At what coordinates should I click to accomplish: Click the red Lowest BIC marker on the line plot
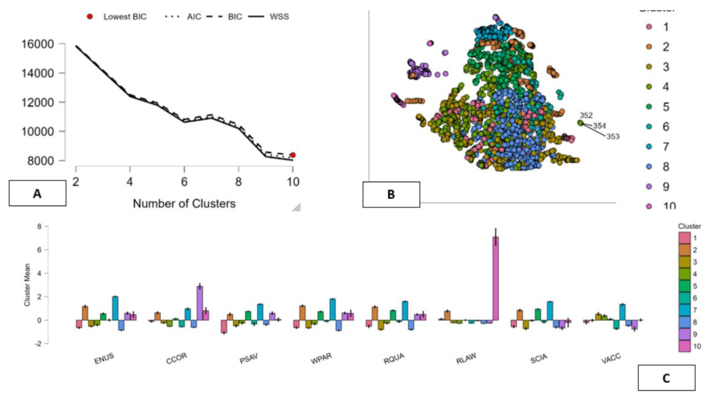[293, 155]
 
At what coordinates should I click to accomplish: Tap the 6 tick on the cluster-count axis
[184, 182]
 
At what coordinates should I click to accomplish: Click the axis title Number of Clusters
[184, 204]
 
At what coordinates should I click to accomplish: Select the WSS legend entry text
[279, 17]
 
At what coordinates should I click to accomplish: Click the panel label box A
[37, 193]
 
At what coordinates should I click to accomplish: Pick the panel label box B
[391, 194]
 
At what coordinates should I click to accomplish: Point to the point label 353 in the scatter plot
[613, 136]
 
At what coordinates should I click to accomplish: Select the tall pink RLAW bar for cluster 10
[496, 278]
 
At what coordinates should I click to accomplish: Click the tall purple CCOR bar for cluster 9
[200, 303]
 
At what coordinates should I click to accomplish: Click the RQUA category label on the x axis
[394, 358]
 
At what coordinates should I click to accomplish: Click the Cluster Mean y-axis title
[27, 285]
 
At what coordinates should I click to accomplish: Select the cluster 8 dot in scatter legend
[649, 167]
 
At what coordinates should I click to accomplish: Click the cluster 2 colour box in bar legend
[684, 250]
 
